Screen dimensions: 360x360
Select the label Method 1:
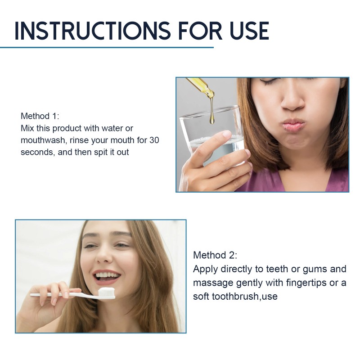click(x=40, y=116)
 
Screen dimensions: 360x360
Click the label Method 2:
click(x=215, y=255)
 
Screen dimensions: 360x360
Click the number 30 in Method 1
click(x=154, y=140)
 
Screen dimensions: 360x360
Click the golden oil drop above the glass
click(x=211, y=120)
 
